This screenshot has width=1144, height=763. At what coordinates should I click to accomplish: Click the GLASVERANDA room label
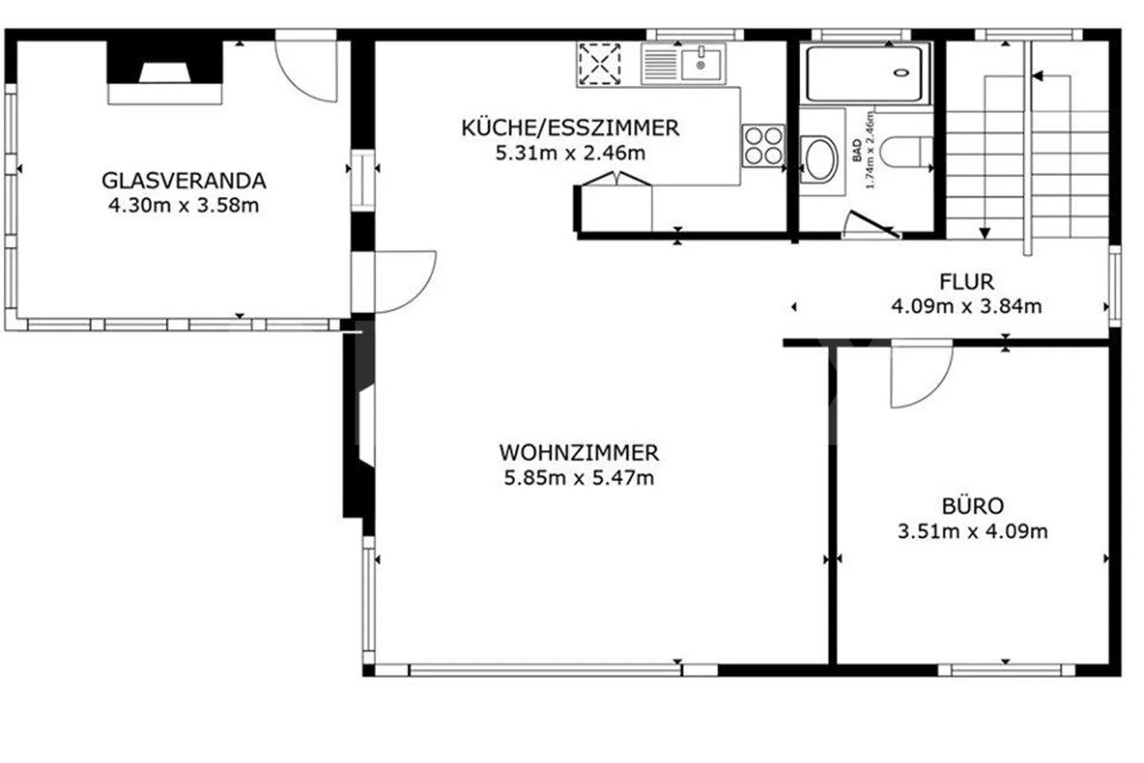[184, 180]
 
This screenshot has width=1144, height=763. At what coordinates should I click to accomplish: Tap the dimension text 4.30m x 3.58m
[184, 206]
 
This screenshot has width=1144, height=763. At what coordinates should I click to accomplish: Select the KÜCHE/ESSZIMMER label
[570, 128]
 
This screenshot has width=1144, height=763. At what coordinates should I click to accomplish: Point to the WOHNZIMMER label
[578, 453]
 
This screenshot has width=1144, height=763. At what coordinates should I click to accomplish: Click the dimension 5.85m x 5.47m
[578, 478]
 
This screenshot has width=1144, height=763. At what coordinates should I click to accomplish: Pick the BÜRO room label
[972, 506]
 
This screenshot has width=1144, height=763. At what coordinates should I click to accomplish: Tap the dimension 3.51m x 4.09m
[972, 532]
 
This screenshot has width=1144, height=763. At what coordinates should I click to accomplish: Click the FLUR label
[966, 282]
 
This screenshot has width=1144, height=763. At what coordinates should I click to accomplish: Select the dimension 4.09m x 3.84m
[966, 307]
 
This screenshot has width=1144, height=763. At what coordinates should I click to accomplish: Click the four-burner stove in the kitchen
[763, 145]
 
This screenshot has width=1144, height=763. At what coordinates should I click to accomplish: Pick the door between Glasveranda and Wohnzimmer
[404, 282]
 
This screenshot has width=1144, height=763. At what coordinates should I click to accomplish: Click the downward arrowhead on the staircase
[985, 233]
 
